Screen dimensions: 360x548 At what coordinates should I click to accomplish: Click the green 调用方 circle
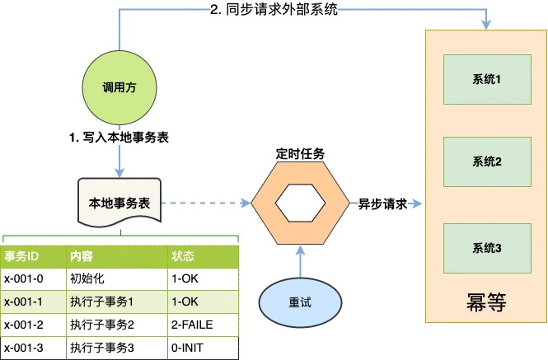click(120, 88)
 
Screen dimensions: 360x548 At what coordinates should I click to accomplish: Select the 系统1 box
click(487, 79)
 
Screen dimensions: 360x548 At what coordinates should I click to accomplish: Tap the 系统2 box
click(487, 160)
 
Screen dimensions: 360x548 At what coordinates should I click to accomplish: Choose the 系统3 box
click(487, 247)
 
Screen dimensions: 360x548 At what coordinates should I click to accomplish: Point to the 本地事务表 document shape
click(119, 203)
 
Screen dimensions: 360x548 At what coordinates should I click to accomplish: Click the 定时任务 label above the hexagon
click(300, 154)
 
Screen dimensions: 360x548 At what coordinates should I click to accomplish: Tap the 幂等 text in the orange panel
click(486, 302)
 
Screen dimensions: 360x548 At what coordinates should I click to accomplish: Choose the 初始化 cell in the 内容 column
click(87, 278)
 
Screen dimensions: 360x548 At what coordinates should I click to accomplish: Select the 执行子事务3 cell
click(102, 348)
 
